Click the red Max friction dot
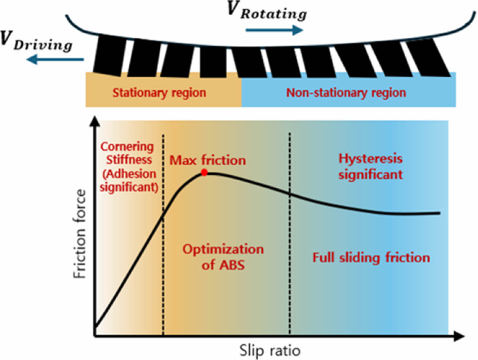coord(204,173)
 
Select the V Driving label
coord(36,42)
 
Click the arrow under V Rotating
coord(274,30)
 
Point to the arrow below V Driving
coord(54,61)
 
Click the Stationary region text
coord(159,93)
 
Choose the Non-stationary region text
coord(346,92)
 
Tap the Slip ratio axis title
coord(269,349)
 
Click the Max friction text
coord(207,160)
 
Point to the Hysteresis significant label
coord(370,167)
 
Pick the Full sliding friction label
coord(371,258)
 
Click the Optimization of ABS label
coord(223,257)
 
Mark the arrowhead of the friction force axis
coord(94,122)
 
